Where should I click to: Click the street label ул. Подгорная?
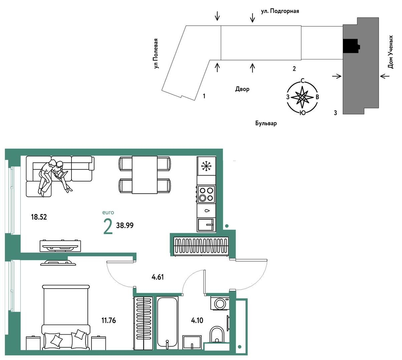click(x=280, y=11)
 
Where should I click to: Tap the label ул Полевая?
click(x=157, y=54)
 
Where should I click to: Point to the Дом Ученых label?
click(x=390, y=52)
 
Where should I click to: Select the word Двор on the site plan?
click(x=242, y=89)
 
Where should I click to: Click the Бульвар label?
click(x=266, y=123)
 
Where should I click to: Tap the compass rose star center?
click(x=302, y=97)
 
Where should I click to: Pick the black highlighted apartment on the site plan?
click(x=351, y=46)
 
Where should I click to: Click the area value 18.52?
click(x=39, y=217)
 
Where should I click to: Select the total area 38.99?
click(x=125, y=225)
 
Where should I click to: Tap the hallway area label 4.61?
click(x=158, y=277)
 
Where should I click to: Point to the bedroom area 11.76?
click(x=109, y=320)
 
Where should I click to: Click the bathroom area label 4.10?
click(x=197, y=320)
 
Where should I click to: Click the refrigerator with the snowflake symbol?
click(x=206, y=166)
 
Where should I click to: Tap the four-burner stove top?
click(x=206, y=194)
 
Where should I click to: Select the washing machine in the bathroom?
click(x=220, y=303)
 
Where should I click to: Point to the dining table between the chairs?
click(x=145, y=175)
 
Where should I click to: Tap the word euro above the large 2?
click(x=108, y=213)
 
